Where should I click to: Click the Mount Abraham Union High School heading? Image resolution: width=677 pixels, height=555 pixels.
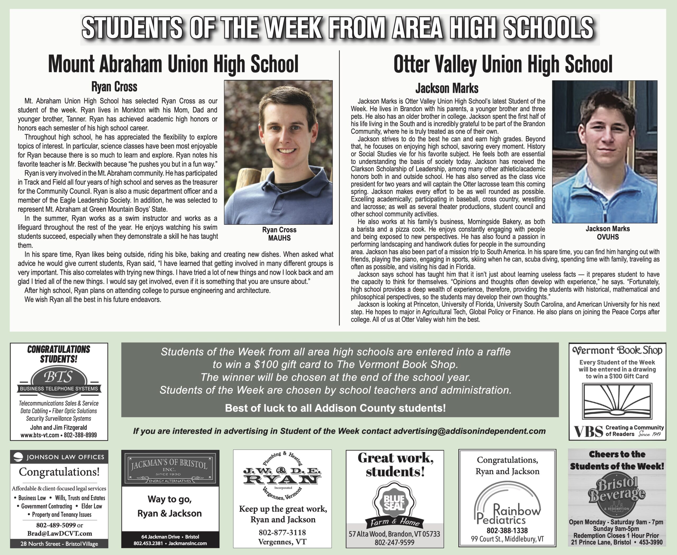coord(173,64)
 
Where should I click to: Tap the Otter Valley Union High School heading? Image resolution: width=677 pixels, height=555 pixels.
coord(503,64)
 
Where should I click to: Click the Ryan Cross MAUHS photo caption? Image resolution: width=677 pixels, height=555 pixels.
coord(279,234)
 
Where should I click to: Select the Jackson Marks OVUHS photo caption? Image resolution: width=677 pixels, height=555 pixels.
coord(608,233)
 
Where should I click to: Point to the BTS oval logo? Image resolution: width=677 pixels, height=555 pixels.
coord(59,378)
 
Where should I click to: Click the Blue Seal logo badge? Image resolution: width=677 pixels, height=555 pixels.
coord(394,502)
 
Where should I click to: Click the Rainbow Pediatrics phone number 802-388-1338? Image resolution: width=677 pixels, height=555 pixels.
coord(507,530)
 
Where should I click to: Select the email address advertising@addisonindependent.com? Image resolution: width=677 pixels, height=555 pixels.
coord(469,431)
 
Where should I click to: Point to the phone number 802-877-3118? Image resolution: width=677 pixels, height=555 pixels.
coord(282,532)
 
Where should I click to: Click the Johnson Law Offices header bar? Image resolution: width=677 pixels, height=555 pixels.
coord(59,457)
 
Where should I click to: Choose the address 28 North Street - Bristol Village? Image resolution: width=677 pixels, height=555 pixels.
coord(59,543)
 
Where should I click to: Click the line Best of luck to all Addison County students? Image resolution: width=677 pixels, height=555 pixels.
coord(335,408)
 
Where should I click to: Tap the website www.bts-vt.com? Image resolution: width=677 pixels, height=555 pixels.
coord(40,435)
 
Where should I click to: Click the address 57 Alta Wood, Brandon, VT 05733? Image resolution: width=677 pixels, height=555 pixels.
coord(394,534)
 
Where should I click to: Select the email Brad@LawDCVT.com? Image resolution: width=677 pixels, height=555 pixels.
coord(60,533)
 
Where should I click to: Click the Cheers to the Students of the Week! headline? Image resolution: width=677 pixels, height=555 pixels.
coord(616,460)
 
